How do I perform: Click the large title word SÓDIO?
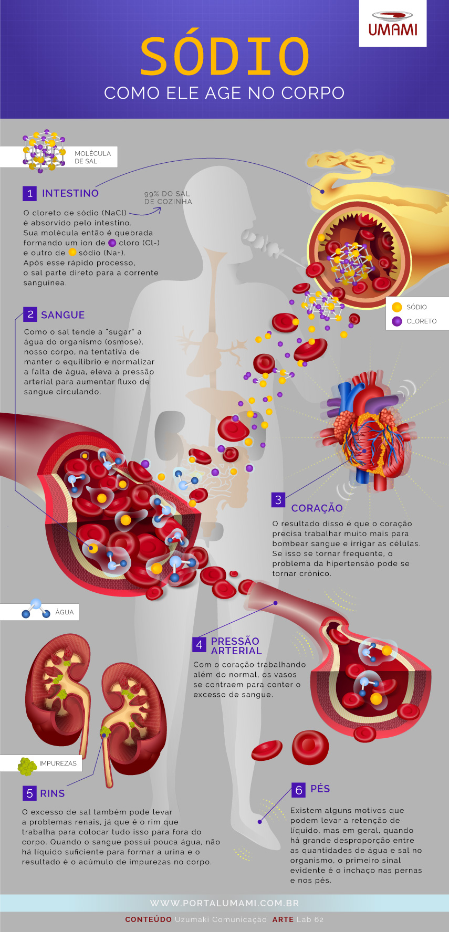tap(225, 56)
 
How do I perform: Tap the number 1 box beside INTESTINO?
tap(29, 193)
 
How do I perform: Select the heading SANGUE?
tap(62, 315)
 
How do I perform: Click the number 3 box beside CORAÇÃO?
tap(278, 500)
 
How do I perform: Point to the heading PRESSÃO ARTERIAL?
tap(236, 646)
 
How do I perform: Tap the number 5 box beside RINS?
tap(29, 793)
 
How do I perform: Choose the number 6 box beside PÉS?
tap(298, 790)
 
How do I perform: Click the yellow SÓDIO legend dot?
tap(397, 307)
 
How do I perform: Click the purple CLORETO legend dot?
tap(397, 321)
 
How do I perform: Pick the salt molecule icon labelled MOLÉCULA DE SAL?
tap(44, 150)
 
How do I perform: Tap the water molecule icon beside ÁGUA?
tap(36, 609)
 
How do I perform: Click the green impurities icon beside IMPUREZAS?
tap(27, 766)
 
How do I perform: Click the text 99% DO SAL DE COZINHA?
tap(168, 197)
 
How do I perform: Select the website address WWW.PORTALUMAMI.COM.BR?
tap(224, 903)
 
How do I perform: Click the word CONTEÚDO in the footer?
tap(148, 919)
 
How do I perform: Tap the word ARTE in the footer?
tap(283, 919)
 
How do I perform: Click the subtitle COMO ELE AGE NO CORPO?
tap(224, 93)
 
